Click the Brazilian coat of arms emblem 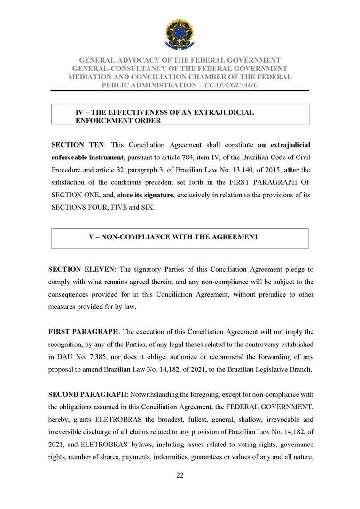(x=179, y=33)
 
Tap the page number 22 (x=180, y=475)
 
